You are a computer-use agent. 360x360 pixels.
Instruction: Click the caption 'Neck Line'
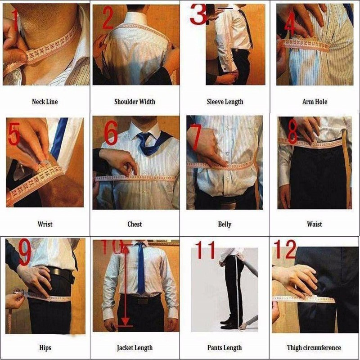[45, 102]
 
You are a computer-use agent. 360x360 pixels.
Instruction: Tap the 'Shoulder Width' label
[135, 102]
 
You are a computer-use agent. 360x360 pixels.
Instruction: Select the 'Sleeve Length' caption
[225, 102]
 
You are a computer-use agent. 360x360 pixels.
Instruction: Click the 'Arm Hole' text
[315, 102]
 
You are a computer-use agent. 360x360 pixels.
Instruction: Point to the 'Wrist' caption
[45, 224]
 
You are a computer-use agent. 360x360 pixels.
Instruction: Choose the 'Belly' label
[225, 224]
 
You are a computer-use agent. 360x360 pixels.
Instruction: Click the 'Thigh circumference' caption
[314, 347]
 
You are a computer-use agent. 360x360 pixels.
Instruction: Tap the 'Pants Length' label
[225, 347]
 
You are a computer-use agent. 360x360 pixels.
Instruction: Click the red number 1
[14, 20]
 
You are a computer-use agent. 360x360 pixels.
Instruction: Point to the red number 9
[24, 253]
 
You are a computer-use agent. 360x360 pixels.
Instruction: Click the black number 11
[206, 250]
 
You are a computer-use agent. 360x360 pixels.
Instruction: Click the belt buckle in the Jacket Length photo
[142, 300]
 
